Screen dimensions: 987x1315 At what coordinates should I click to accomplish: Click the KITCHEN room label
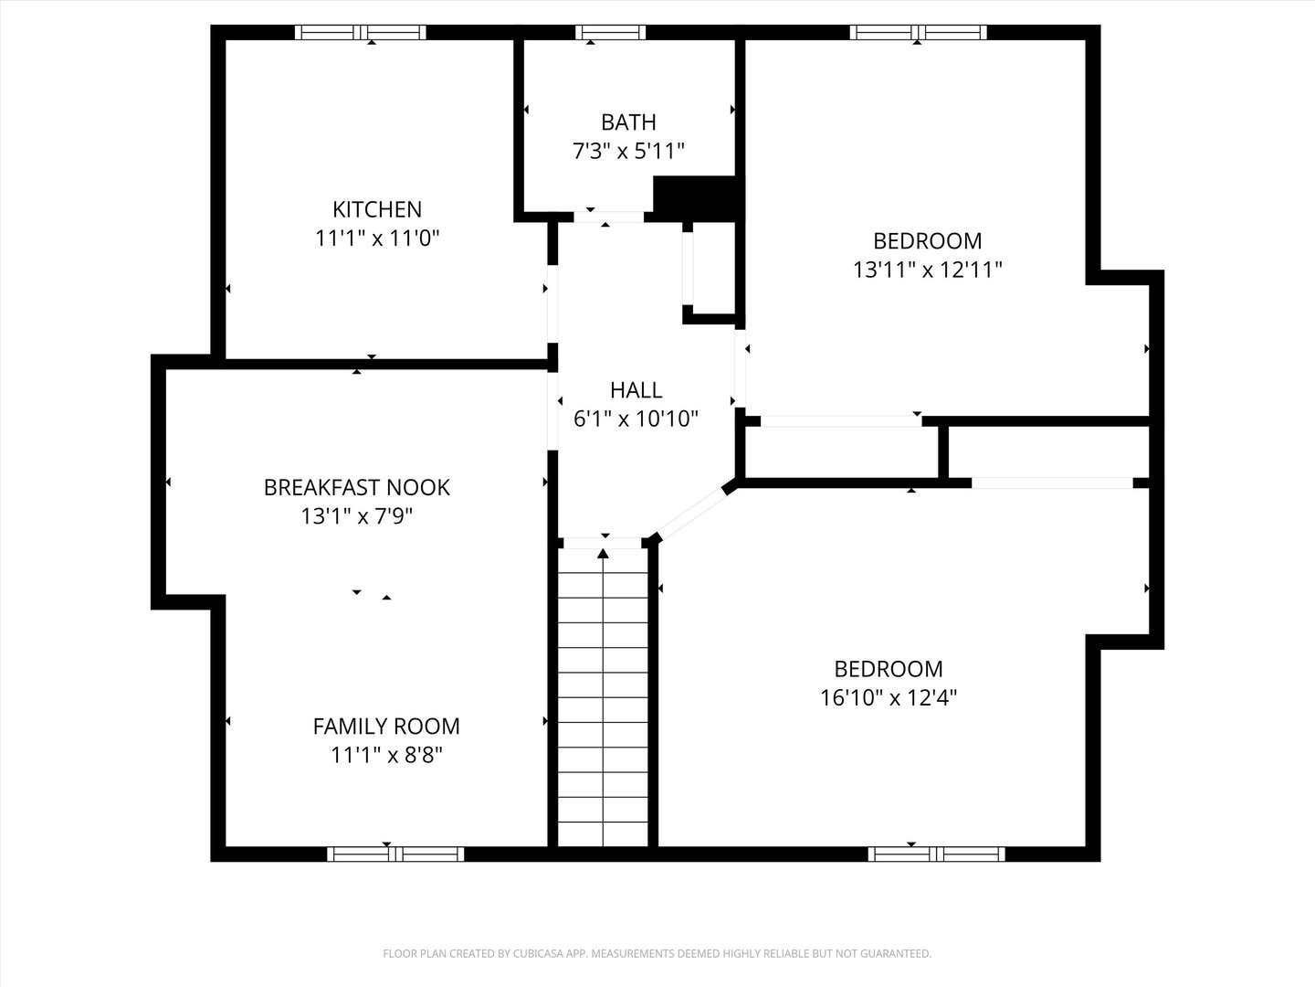coord(377,209)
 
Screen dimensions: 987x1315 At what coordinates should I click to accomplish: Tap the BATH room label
coord(628,122)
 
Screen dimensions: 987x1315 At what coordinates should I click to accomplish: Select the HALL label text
coord(636,390)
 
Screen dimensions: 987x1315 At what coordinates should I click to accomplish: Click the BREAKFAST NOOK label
coord(356,487)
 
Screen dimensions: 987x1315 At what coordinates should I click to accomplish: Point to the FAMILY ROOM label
coord(386,727)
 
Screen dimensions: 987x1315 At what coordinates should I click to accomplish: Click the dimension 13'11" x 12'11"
coord(928,270)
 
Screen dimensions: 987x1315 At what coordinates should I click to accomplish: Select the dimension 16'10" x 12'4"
coord(889,697)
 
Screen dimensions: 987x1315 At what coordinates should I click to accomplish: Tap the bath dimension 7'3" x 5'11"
coord(628,151)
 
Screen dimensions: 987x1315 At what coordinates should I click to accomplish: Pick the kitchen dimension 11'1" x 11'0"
coord(377,239)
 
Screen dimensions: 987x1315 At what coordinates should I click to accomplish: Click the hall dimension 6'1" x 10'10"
coord(636,419)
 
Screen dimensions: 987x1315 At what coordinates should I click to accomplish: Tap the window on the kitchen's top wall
coord(361,33)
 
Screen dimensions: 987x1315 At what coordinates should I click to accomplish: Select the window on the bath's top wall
coord(610,33)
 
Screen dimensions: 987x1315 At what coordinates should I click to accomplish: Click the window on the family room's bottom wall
coord(395,854)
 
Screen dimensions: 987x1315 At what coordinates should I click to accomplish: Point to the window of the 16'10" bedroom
coord(936,854)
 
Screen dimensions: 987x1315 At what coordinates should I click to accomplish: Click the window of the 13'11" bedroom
coord(918,33)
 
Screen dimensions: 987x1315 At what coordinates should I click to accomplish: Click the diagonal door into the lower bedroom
coord(691,515)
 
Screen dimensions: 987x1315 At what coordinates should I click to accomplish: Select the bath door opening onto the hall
coord(609,217)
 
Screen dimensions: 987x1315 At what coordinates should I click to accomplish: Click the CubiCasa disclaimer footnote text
coord(657,953)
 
